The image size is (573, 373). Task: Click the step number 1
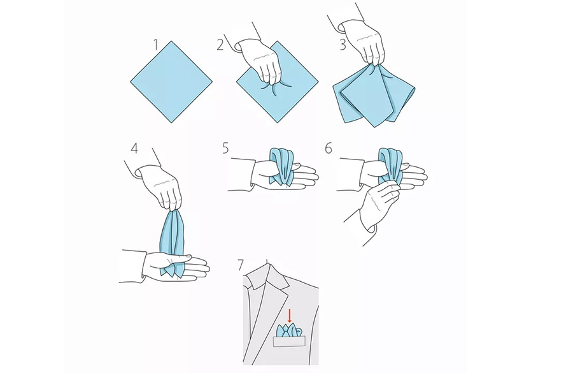click(x=156, y=45)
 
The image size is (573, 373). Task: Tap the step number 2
click(x=220, y=45)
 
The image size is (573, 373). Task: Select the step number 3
click(x=343, y=45)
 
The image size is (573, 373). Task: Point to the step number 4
click(x=134, y=149)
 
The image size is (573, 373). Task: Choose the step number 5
click(x=225, y=149)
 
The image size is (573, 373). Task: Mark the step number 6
click(x=329, y=149)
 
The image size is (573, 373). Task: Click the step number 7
click(x=240, y=265)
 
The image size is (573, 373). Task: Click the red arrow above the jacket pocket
click(x=290, y=316)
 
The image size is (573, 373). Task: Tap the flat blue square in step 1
click(x=171, y=82)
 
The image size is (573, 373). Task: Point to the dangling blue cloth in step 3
click(x=374, y=95)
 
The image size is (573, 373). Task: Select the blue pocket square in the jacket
click(x=290, y=330)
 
